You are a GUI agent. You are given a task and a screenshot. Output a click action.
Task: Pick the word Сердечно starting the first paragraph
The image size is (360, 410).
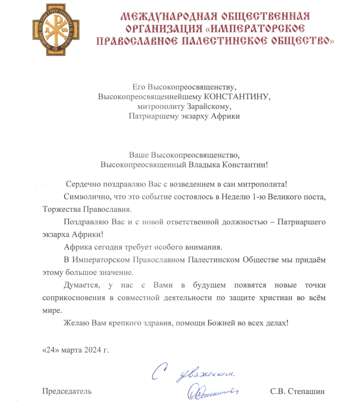pyautogui.click(x=81, y=184)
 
